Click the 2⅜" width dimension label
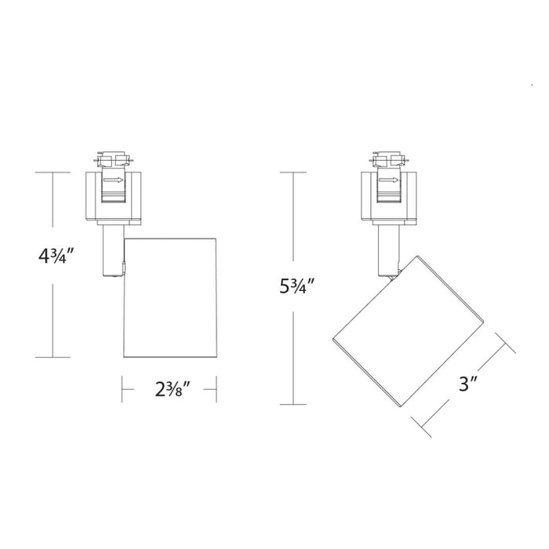pos(169,387)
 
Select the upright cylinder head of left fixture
pos(170,294)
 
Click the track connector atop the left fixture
pos(112,161)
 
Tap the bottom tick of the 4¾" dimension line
pos(53,358)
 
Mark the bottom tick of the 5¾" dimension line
pos(294,405)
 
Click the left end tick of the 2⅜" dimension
pos(122,387)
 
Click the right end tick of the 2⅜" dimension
pos(217,387)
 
